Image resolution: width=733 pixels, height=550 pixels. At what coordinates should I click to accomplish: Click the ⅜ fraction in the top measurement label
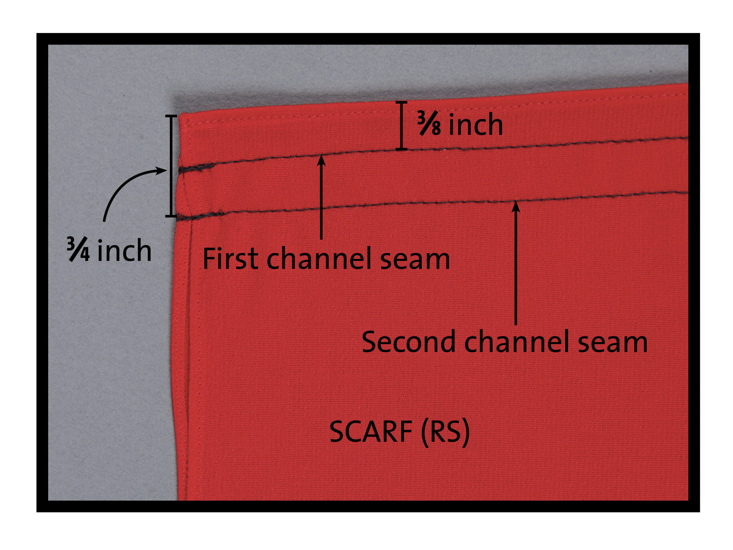(429, 124)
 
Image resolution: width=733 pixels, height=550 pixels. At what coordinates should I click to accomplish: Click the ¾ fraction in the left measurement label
(78, 249)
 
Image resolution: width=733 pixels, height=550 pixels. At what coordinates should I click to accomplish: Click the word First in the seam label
(230, 258)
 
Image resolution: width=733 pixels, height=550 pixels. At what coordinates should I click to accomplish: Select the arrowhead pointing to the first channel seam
(321, 160)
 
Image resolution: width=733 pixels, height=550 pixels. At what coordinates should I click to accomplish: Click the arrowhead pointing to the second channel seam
(516, 206)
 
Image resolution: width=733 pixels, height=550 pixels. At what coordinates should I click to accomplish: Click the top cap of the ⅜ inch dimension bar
(402, 103)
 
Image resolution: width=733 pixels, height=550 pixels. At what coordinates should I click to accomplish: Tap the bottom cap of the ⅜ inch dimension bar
(402, 150)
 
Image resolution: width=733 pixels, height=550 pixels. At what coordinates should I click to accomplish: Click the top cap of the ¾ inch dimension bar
(171, 116)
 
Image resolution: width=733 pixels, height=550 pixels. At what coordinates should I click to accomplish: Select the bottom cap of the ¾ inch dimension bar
(171, 217)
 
